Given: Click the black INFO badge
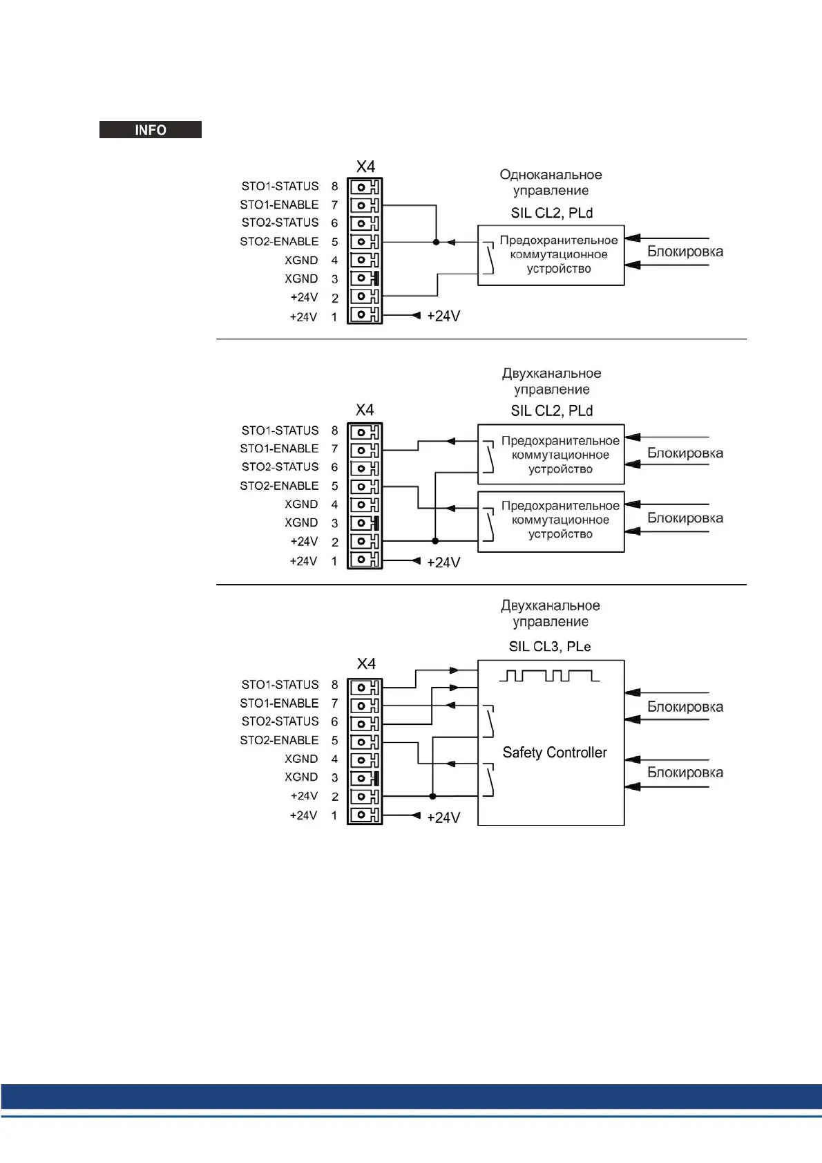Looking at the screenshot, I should pyautogui.click(x=151, y=130).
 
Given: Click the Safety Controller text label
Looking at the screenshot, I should pyautogui.click(x=555, y=753).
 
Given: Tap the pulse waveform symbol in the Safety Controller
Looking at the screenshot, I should pyautogui.click(x=549, y=675).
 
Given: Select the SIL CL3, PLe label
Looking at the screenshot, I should pyautogui.click(x=550, y=647).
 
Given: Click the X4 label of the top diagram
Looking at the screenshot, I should pyautogui.click(x=365, y=167).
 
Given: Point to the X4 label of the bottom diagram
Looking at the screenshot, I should pyautogui.click(x=366, y=664).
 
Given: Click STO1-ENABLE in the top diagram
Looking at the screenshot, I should pyautogui.click(x=279, y=205).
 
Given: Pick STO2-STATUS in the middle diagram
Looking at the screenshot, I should pyautogui.click(x=280, y=467).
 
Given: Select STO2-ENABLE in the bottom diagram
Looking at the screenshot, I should pyautogui.click(x=279, y=740).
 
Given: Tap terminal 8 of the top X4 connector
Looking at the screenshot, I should pyautogui.click(x=364, y=187).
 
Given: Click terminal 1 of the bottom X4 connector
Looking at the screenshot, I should pyautogui.click(x=364, y=815).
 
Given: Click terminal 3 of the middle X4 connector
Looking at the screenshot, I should pyautogui.click(x=364, y=523).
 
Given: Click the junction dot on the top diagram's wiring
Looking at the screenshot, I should pyautogui.click(x=436, y=242).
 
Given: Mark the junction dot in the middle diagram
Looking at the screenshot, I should pyautogui.click(x=435, y=541).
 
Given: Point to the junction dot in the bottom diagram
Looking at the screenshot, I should pyautogui.click(x=432, y=796).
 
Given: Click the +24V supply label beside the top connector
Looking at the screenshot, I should pyautogui.click(x=443, y=316).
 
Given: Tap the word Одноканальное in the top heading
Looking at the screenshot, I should pyautogui.click(x=551, y=175).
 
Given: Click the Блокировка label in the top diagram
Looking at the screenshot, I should pyautogui.click(x=685, y=252).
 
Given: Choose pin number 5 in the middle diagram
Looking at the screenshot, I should pyautogui.click(x=334, y=486).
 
